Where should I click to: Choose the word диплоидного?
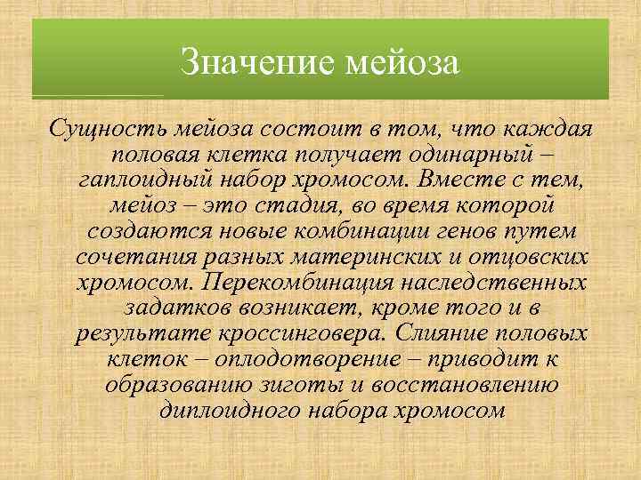pyautogui.click(x=226, y=410)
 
